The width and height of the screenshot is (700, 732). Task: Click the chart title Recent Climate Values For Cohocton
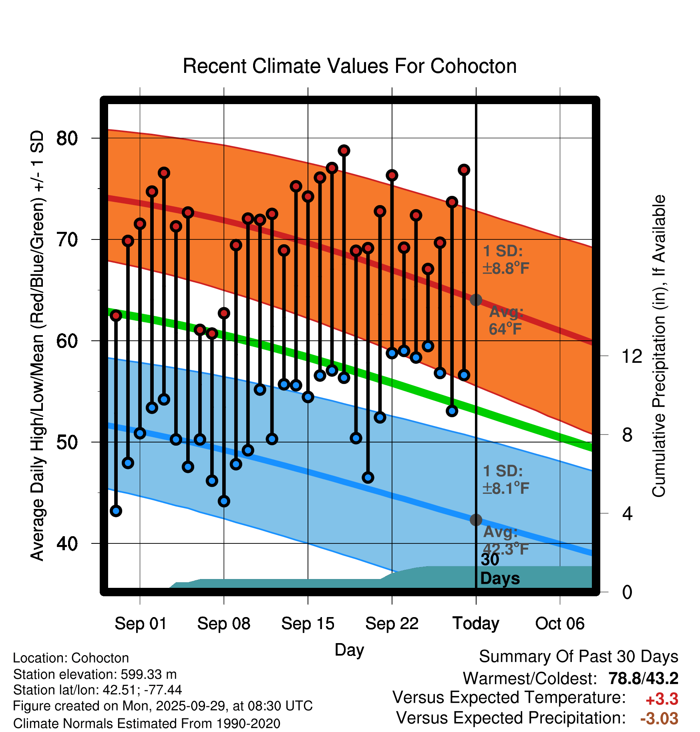tap(350, 66)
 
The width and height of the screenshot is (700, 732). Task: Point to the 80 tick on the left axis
tap(67, 138)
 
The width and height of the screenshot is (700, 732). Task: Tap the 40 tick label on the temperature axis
tap(67, 543)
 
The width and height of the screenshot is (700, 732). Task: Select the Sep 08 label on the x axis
tap(223, 623)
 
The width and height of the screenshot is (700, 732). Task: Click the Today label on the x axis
tap(476, 623)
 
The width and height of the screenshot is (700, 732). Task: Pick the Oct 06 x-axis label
tap(560, 623)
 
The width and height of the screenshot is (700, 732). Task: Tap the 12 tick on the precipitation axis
tap(632, 356)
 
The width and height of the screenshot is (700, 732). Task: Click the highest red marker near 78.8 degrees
tap(344, 151)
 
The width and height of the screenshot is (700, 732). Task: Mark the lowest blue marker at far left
tap(116, 511)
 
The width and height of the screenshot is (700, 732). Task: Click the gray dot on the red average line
tap(476, 300)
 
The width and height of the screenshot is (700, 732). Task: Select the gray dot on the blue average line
tap(476, 520)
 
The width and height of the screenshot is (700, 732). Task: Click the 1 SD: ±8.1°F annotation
tap(506, 480)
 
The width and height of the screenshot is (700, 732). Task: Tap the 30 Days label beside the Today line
tap(500, 569)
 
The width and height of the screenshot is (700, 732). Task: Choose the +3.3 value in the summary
tap(662, 699)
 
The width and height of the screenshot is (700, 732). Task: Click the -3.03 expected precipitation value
tap(659, 718)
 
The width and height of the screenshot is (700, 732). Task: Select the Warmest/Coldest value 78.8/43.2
tap(643, 678)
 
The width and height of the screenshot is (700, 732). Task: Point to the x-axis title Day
tap(349, 650)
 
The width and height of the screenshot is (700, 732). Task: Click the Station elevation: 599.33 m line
tap(95, 674)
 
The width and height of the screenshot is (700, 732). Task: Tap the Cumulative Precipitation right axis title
tap(659, 346)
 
